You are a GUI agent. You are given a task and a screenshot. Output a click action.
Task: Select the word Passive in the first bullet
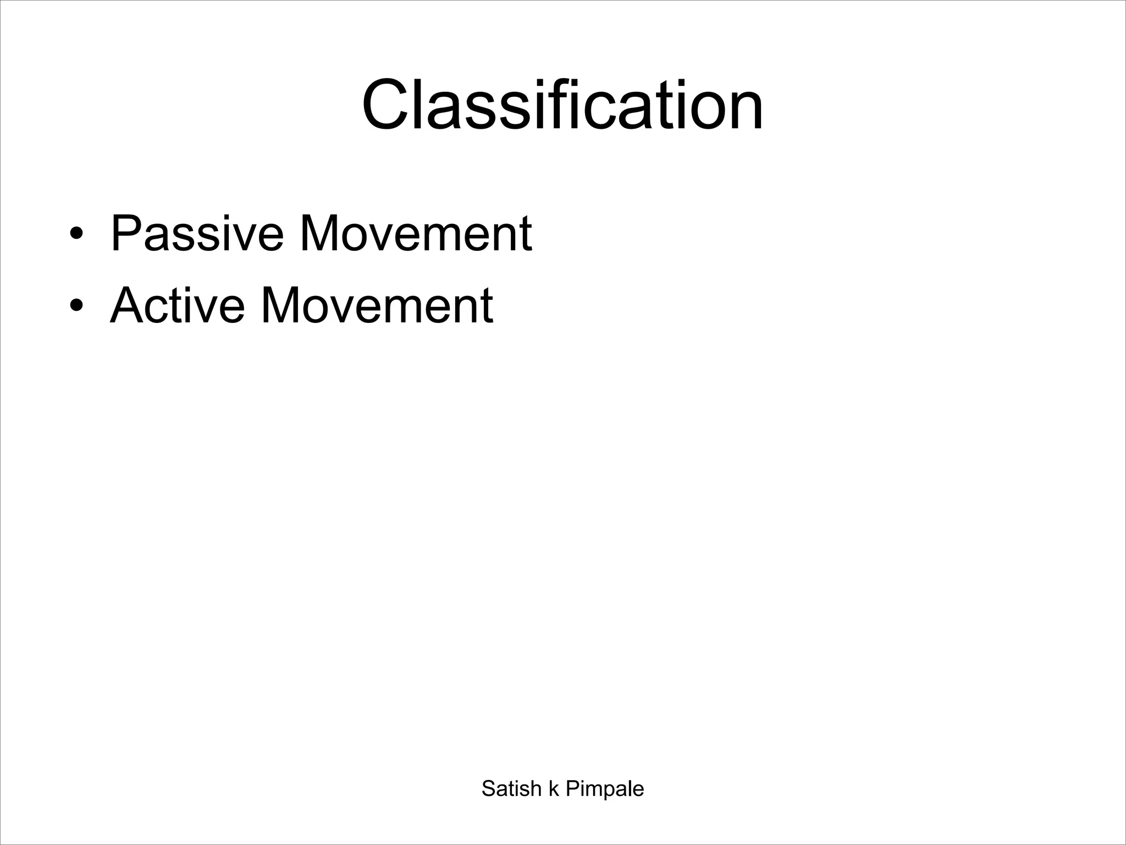coord(197,233)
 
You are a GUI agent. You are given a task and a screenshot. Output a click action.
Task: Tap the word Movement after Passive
coord(415,233)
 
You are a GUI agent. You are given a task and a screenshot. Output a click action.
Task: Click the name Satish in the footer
coord(511,788)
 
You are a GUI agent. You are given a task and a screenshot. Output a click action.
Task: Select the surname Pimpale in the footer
coord(605,789)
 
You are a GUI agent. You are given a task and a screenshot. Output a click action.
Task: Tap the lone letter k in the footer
coord(554,788)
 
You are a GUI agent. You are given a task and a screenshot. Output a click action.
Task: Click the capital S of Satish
coord(489,788)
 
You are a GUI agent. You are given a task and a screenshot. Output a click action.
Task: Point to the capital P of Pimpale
coord(572,788)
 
